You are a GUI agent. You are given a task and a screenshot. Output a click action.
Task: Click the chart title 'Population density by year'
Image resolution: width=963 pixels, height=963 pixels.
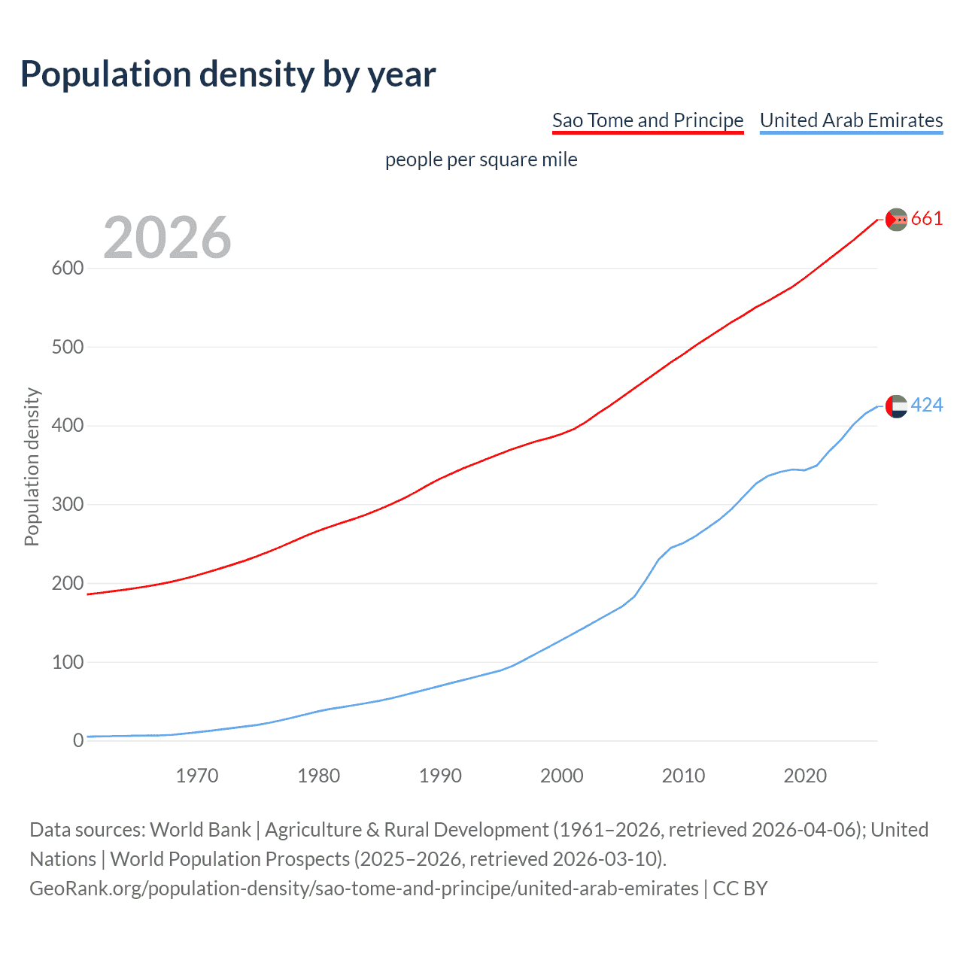pyautogui.click(x=228, y=74)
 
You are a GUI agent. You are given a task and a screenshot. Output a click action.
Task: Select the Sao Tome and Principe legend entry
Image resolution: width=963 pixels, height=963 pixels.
pyautogui.click(x=647, y=120)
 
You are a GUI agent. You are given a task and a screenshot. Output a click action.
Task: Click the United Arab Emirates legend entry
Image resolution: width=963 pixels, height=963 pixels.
pyautogui.click(x=851, y=120)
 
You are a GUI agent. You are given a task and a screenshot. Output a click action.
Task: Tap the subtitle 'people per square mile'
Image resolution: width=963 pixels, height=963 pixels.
pyautogui.click(x=481, y=159)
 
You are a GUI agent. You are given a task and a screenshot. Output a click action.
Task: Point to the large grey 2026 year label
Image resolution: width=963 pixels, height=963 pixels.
pyautogui.click(x=167, y=238)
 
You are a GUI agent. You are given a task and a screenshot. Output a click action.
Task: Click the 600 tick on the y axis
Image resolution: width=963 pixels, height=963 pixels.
pyautogui.click(x=67, y=269)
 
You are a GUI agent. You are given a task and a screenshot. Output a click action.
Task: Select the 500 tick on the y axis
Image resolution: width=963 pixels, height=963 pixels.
pyautogui.click(x=67, y=348)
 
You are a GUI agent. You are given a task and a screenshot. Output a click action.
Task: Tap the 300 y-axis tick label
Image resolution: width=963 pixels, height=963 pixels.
pyautogui.click(x=67, y=505)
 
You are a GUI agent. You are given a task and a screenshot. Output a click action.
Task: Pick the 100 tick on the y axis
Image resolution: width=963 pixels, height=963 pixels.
pyautogui.click(x=67, y=663)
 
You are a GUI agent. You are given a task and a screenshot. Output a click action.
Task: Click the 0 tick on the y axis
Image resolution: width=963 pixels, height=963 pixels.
pyautogui.click(x=78, y=741)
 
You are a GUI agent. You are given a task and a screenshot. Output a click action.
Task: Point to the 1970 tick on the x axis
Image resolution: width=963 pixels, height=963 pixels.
pyautogui.click(x=197, y=776)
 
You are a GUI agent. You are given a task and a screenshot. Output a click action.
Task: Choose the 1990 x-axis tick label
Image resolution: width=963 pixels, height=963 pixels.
pyautogui.click(x=440, y=776)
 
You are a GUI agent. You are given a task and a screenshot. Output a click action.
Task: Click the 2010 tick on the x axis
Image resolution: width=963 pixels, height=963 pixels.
pyautogui.click(x=683, y=776)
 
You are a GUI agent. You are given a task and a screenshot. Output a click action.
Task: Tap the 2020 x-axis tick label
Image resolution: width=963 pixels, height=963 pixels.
pyautogui.click(x=805, y=776)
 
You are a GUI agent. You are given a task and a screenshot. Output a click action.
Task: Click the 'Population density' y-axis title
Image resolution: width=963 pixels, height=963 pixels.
pyautogui.click(x=32, y=466)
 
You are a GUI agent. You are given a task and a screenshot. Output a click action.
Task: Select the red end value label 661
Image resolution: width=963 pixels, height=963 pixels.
pyautogui.click(x=927, y=219)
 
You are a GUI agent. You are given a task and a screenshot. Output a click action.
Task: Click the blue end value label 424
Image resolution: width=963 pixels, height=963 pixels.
pyautogui.click(x=927, y=406)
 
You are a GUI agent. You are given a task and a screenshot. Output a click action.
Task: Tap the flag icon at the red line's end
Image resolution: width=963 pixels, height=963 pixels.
pyautogui.click(x=896, y=220)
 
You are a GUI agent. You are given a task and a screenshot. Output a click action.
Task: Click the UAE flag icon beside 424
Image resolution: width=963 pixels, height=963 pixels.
pyautogui.click(x=896, y=406)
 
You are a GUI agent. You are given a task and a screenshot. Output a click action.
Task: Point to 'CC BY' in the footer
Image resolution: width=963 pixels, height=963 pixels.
pyautogui.click(x=740, y=889)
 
